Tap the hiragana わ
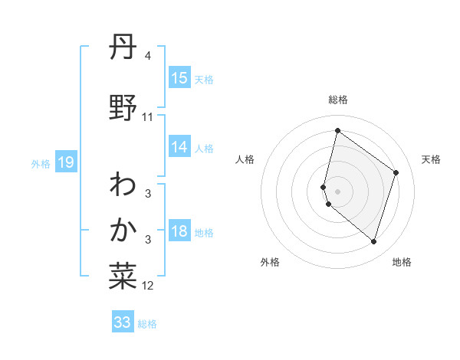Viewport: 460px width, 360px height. point(123,184)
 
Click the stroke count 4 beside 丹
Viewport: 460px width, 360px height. point(148,57)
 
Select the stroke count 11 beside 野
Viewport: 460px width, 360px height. point(148,117)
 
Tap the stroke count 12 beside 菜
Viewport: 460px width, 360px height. point(148,286)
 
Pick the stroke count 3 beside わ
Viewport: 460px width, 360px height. point(148,193)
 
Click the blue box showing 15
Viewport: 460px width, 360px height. point(179,78)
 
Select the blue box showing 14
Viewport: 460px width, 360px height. point(179,147)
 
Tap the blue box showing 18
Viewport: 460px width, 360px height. point(179,232)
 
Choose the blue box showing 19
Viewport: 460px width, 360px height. point(65,162)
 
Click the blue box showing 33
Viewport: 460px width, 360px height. point(123,322)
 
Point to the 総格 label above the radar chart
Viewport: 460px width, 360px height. point(338,100)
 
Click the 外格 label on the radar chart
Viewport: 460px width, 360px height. point(270,262)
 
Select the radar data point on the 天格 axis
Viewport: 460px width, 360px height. point(396,172)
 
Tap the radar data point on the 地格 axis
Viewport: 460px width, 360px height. point(373,241)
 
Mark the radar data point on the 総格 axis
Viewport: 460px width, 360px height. point(337,131)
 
